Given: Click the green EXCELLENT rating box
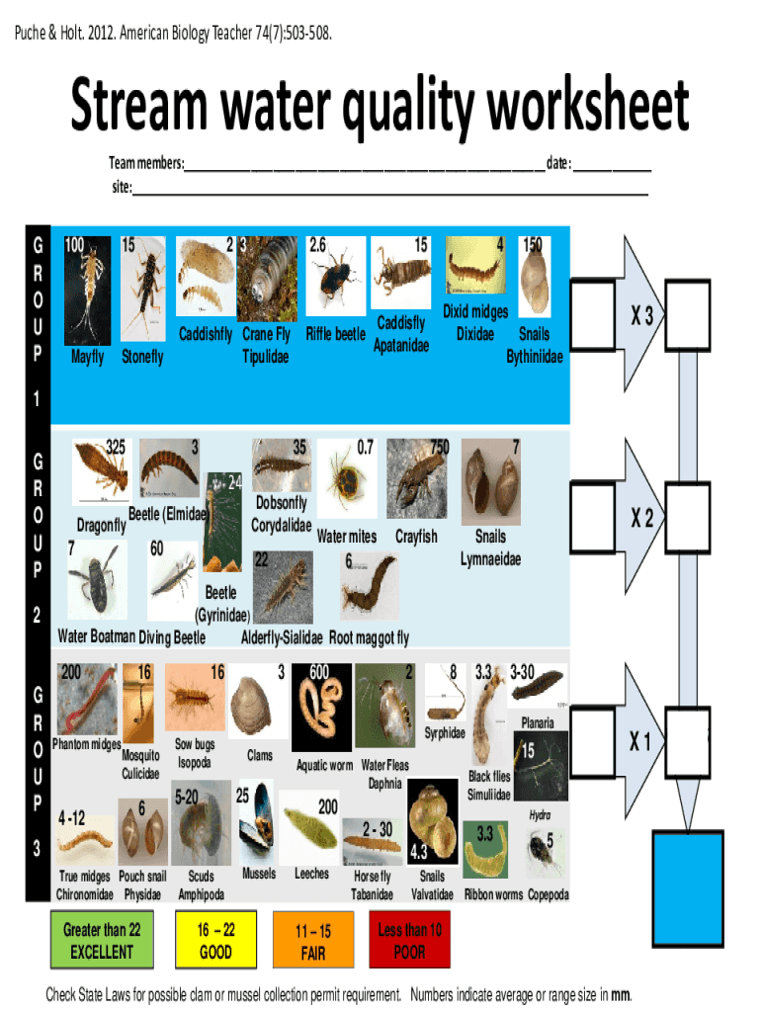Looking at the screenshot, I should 102,942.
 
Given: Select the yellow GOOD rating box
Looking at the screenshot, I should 215,942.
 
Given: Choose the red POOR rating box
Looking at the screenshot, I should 409,941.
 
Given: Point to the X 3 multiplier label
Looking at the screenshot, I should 643,315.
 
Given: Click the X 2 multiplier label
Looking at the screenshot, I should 643,518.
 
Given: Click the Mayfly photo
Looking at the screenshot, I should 86,287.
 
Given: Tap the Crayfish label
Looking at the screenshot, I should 415,537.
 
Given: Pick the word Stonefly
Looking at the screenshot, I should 142,357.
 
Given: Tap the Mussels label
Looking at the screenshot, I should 259,874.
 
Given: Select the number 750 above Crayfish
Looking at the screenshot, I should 439,447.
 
